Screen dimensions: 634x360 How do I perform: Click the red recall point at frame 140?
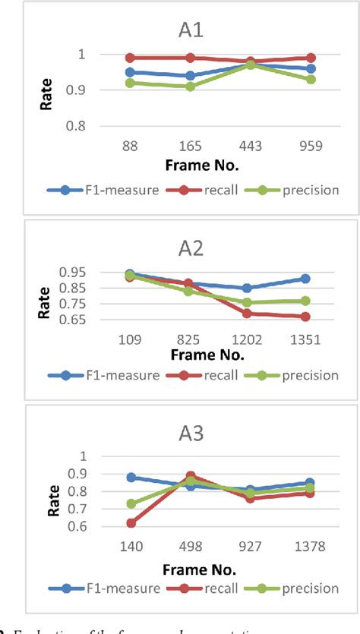tap(131, 523)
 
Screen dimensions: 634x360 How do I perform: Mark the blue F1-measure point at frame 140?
tap(131, 478)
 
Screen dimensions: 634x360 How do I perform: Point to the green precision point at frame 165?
tap(190, 87)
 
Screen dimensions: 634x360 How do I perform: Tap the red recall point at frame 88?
tap(131, 58)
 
